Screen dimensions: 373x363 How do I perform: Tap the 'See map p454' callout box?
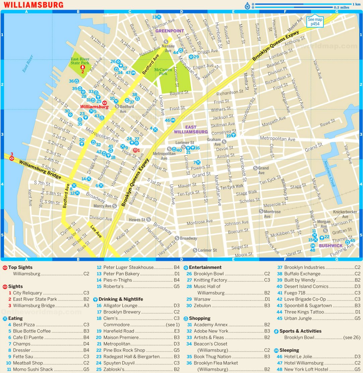(315, 21)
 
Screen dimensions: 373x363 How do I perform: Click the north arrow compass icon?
(247, 6)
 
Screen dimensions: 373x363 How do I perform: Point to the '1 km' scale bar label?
(356, 4)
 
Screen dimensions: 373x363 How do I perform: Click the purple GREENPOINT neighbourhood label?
(170, 31)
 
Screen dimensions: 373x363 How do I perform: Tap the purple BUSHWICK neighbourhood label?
(330, 246)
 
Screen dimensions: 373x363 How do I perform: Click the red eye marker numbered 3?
(12, 158)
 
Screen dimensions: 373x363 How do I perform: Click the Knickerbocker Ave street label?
(345, 214)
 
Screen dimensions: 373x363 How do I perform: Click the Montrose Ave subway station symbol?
(261, 211)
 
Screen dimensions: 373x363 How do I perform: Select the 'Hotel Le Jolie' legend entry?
(301, 357)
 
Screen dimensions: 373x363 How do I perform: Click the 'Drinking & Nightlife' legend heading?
(123, 299)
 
